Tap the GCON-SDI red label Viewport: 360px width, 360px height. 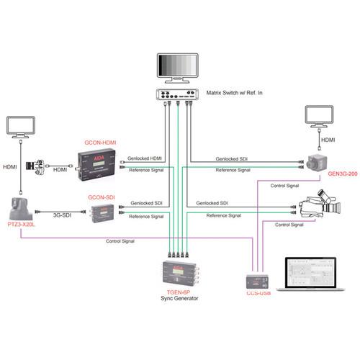click(x=102, y=196)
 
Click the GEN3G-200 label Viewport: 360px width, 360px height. click(x=342, y=174)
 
